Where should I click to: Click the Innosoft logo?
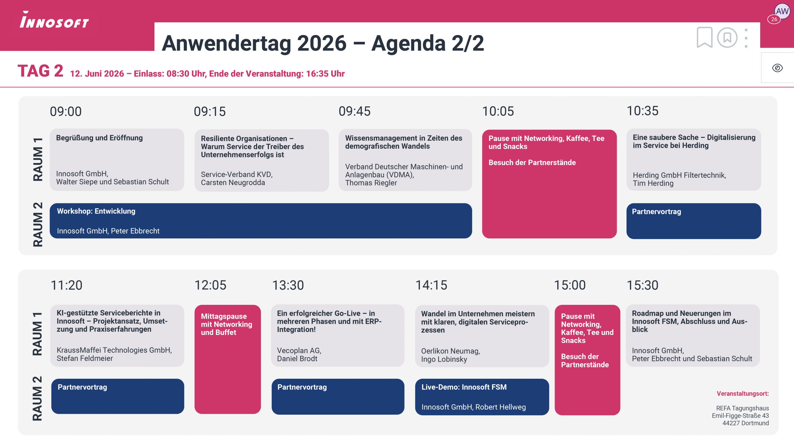pyautogui.click(x=54, y=20)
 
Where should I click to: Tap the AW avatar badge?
pyautogui.click(x=782, y=11)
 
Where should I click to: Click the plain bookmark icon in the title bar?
pyautogui.click(x=704, y=38)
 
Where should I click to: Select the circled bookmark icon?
pyautogui.click(x=727, y=38)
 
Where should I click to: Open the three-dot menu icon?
pyautogui.click(x=746, y=38)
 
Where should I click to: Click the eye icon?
pyautogui.click(x=777, y=68)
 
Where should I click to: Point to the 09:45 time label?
pyautogui.click(x=355, y=111)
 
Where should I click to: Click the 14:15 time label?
pyautogui.click(x=431, y=285)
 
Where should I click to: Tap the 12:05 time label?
pyautogui.click(x=210, y=285)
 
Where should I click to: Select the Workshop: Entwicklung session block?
pyautogui.click(x=261, y=221)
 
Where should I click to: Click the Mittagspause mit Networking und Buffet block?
pyautogui.click(x=228, y=359)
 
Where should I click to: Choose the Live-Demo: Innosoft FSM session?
pyautogui.click(x=482, y=397)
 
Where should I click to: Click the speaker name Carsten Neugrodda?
pyautogui.click(x=233, y=183)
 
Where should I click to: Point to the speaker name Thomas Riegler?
pyautogui.click(x=371, y=183)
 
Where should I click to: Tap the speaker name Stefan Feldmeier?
pyautogui.click(x=85, y=358)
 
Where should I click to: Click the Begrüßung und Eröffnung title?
pyautogui.click(x=99, y=138)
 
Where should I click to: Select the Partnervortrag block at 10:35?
pyautogui.click(x=694, y=221)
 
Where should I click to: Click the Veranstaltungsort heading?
pyautogui.click(x=743, y=394)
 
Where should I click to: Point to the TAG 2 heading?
pyautogui.click(x=40, y=71)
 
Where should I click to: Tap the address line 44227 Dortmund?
pyautogui.click(x=746, y=423)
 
